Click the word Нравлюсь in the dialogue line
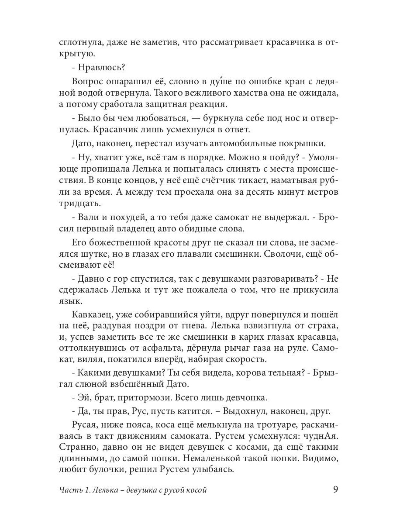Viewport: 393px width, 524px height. (x=100, y=68)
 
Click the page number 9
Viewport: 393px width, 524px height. (x=335, y=490)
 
